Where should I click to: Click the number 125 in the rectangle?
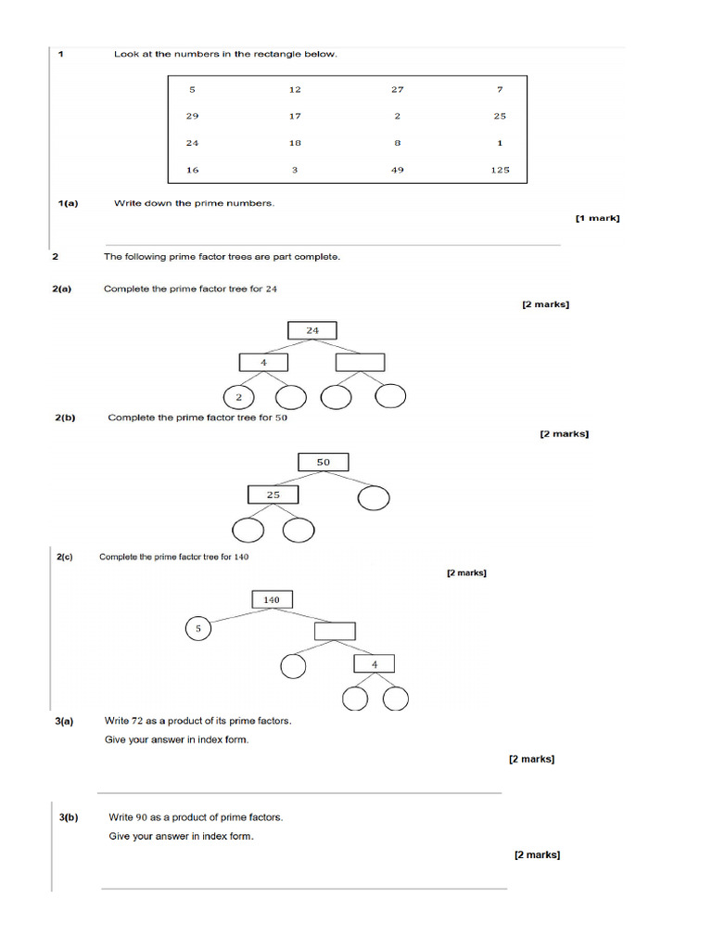coord(500,170)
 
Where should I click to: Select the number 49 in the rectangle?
coord(397,170)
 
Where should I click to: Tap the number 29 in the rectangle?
coord(192,116)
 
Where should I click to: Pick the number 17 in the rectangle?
coord(295,116)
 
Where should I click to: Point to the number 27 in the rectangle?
coord(397,89)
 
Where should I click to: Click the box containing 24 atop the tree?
coord(312,330)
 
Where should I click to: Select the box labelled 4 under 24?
coord(263,362)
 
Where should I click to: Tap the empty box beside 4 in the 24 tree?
coord(360,362)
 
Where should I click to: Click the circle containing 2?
coord(239,397)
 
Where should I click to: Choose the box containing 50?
coord(323,461)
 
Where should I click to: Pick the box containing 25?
coord(273,494)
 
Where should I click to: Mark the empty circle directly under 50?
coord(373,498)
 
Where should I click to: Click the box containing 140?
coord(272,599)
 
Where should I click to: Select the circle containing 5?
coord(197,629)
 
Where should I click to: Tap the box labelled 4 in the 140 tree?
coord(374,663)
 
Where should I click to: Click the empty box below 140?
coord(335,631)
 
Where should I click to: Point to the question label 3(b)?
coord(69,817)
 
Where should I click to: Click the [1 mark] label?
coord(597,218)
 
